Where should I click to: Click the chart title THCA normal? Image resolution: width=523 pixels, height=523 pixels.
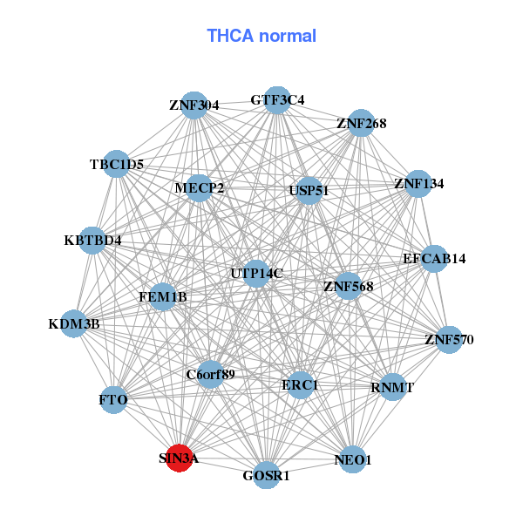pos(261,36)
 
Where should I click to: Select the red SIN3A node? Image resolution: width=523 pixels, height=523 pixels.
pos(179,458)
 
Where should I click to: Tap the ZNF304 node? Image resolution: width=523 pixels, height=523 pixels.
pos(194,105)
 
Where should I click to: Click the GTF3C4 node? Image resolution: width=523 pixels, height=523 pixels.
pos(277,99)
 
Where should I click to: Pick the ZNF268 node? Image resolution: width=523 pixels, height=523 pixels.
pos(361,123)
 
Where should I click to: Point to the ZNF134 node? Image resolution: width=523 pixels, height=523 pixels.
pos(418,184)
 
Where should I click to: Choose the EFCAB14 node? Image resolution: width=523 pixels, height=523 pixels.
pos(434,258)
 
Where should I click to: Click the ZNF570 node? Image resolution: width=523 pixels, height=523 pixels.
pos(449,339)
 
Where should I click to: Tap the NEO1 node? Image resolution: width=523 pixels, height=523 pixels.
pos(352,459)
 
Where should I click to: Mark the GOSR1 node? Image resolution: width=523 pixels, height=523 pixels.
pos(266,475)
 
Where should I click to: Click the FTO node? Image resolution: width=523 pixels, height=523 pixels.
pos(114,400)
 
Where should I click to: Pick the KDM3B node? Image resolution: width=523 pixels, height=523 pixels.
pos(74,324)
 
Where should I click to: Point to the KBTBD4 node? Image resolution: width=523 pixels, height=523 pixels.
pos(92,240)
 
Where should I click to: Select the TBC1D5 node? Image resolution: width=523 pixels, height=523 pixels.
pos(117,164)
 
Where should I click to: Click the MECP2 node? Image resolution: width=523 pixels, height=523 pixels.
pos(199,187)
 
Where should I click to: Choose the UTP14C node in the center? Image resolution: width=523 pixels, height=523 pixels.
pos(256,274)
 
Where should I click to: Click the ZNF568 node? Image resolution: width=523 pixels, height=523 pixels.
pos(348,285)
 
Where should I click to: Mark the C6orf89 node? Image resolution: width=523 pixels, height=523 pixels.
pos(211,375)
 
